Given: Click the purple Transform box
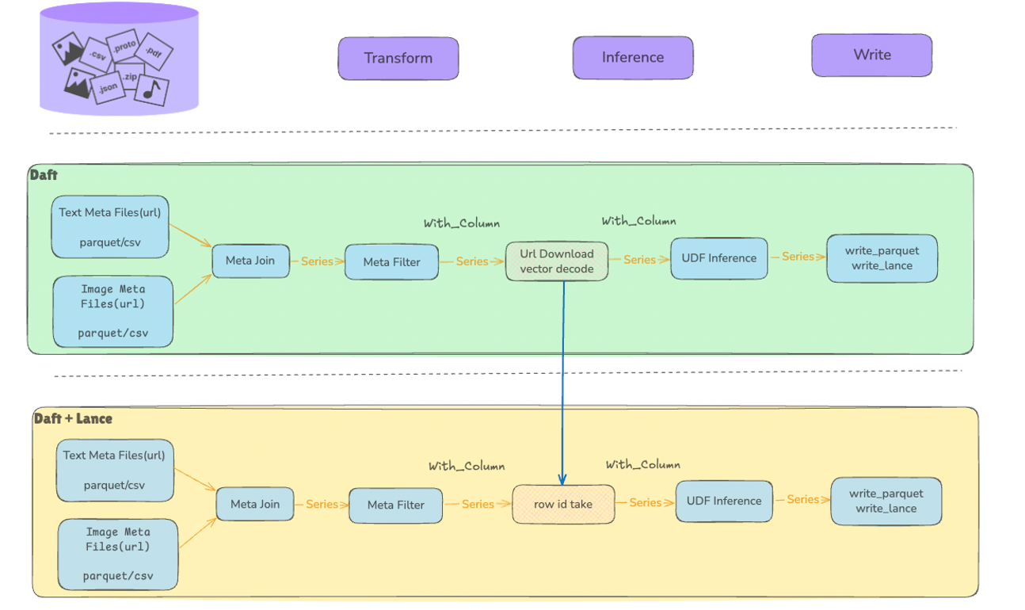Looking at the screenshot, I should click(398, 58).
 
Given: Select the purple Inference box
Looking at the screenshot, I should click(633, 57).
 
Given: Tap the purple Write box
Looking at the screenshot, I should click(871, 55).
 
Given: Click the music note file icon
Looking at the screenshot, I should click(151, 89).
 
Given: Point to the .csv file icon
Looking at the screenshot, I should click(97, 55).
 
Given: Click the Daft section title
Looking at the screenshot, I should click(44, 175).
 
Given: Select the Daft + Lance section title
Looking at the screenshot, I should click(73, 418).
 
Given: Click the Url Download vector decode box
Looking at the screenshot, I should click(557, 261).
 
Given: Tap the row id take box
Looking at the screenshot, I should click(563, 504).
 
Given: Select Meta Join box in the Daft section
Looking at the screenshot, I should click(250, 261).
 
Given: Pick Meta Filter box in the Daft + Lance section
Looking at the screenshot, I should click(395, 505).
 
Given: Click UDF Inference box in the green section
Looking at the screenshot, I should click(718, 258).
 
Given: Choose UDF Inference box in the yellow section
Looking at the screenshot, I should click(723, 501).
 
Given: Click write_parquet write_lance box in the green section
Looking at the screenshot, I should click(882, 258).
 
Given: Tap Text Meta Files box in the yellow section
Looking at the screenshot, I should click(115, 470).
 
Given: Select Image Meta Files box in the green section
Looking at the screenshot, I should click(112, 311).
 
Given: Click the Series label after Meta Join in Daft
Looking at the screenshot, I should click(317, 261).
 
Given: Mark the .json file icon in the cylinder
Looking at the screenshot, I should click(108, 87).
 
